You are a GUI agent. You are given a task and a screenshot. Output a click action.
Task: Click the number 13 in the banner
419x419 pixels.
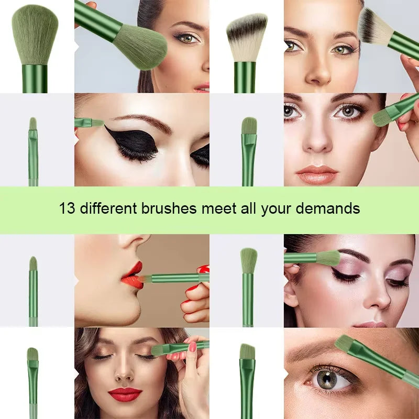pos(67,208)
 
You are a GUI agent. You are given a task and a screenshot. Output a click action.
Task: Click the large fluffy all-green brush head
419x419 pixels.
pos(35,34)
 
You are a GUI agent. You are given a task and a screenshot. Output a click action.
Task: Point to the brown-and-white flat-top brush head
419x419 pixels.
pos(247,37)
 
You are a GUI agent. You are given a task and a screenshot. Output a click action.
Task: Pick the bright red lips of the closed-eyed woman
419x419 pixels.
pos(125,394)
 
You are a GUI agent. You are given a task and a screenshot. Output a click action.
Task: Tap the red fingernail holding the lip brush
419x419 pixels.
pos(203,269)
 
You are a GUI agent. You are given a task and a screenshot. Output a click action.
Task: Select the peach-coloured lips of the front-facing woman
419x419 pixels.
pos(317,174)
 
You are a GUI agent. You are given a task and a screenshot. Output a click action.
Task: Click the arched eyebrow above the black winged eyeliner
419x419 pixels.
pos(141,120)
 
